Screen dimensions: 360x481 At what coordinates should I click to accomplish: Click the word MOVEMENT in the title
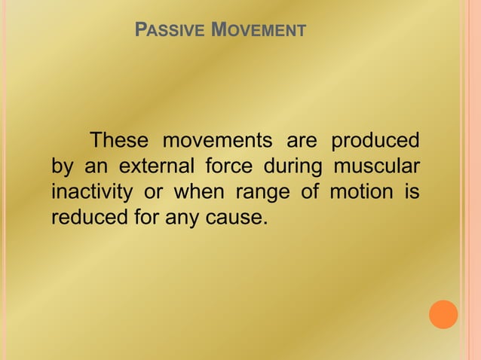(x=259, y=32)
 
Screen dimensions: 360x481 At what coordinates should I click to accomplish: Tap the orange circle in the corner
(x=443, y=314)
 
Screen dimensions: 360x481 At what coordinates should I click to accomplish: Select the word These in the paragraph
(x=120, y=141)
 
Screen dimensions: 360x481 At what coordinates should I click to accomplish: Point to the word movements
(x=216, y=141)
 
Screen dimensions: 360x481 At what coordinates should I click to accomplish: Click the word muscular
(x=380, y=166)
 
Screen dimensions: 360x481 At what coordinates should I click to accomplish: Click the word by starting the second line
(x=61, y=167)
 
